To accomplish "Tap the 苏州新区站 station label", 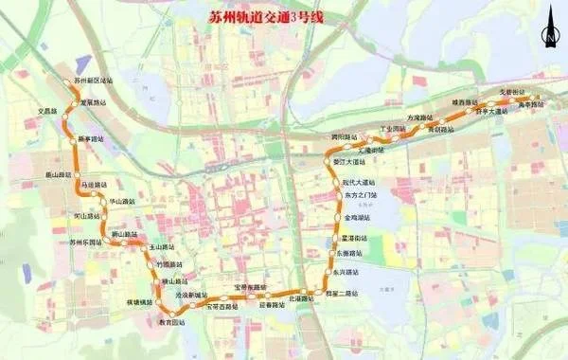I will [x=91, y=82].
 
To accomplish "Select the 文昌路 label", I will [x=47, y=111].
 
